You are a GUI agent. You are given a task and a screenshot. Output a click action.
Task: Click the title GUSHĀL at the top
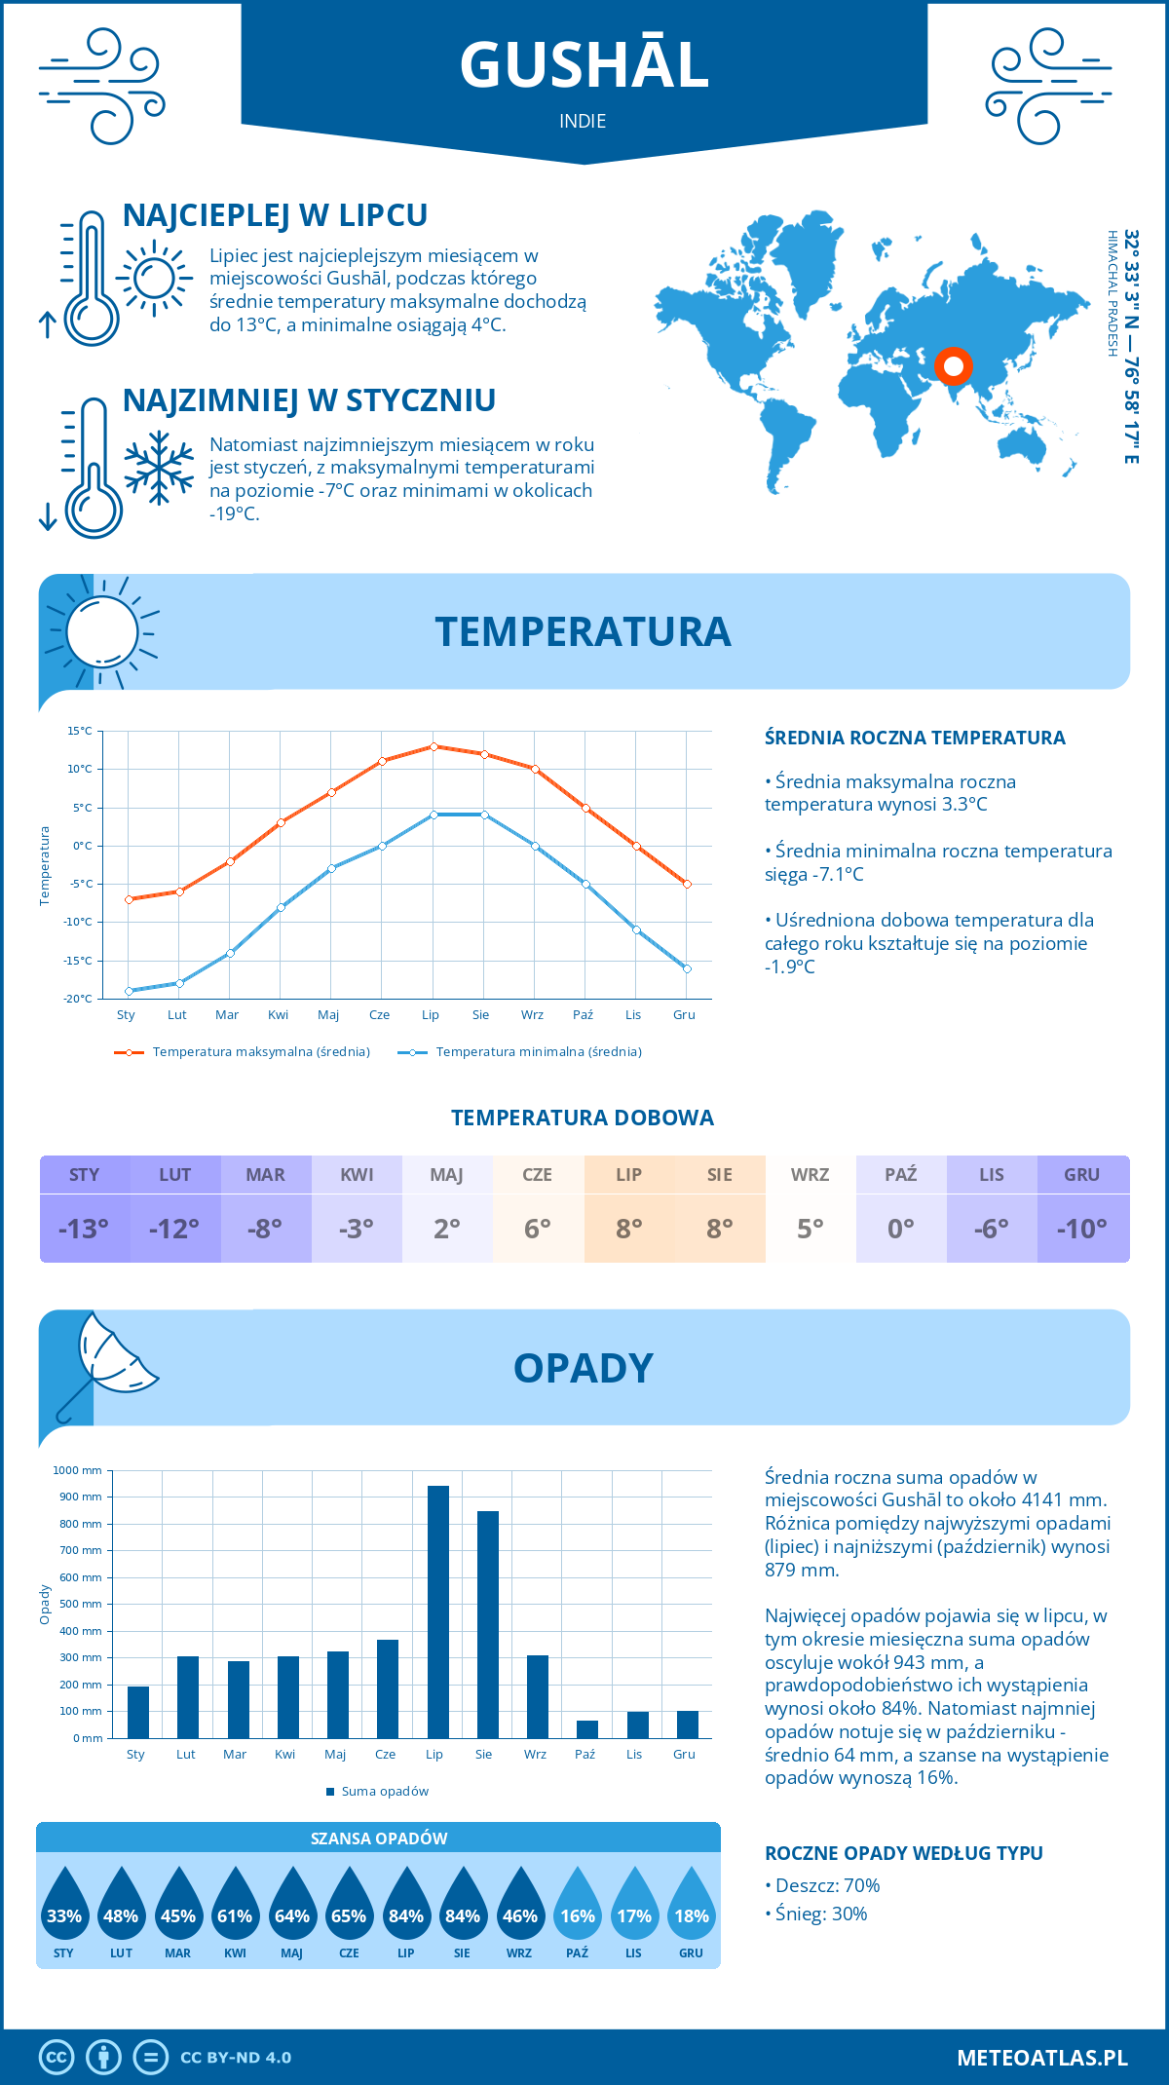click(584, 65)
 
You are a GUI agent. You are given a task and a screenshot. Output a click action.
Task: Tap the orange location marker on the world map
click(953, 366)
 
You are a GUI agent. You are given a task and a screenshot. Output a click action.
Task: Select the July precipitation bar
click(437, 1611)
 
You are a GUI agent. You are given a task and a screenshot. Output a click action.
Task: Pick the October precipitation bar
click(586, 1728)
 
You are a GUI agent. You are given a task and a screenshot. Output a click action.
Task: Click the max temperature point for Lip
click(434, 746)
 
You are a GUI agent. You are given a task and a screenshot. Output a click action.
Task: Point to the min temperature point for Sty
click(129, 991)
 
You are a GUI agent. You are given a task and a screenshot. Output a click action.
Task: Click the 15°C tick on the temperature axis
click(80, 731)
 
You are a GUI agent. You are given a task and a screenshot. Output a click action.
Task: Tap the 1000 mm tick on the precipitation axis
click(78, 1470)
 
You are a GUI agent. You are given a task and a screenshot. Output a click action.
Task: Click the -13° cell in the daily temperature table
click(84, 1229)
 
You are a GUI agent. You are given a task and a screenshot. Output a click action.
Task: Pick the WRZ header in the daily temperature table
click(810, 1175)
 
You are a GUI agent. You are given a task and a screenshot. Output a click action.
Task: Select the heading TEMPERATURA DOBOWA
click(583, 1118)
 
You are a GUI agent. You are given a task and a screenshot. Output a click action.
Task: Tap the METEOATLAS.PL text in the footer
click(1041, 2058)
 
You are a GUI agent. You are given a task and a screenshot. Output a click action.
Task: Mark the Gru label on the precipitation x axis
click(684, 1754)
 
